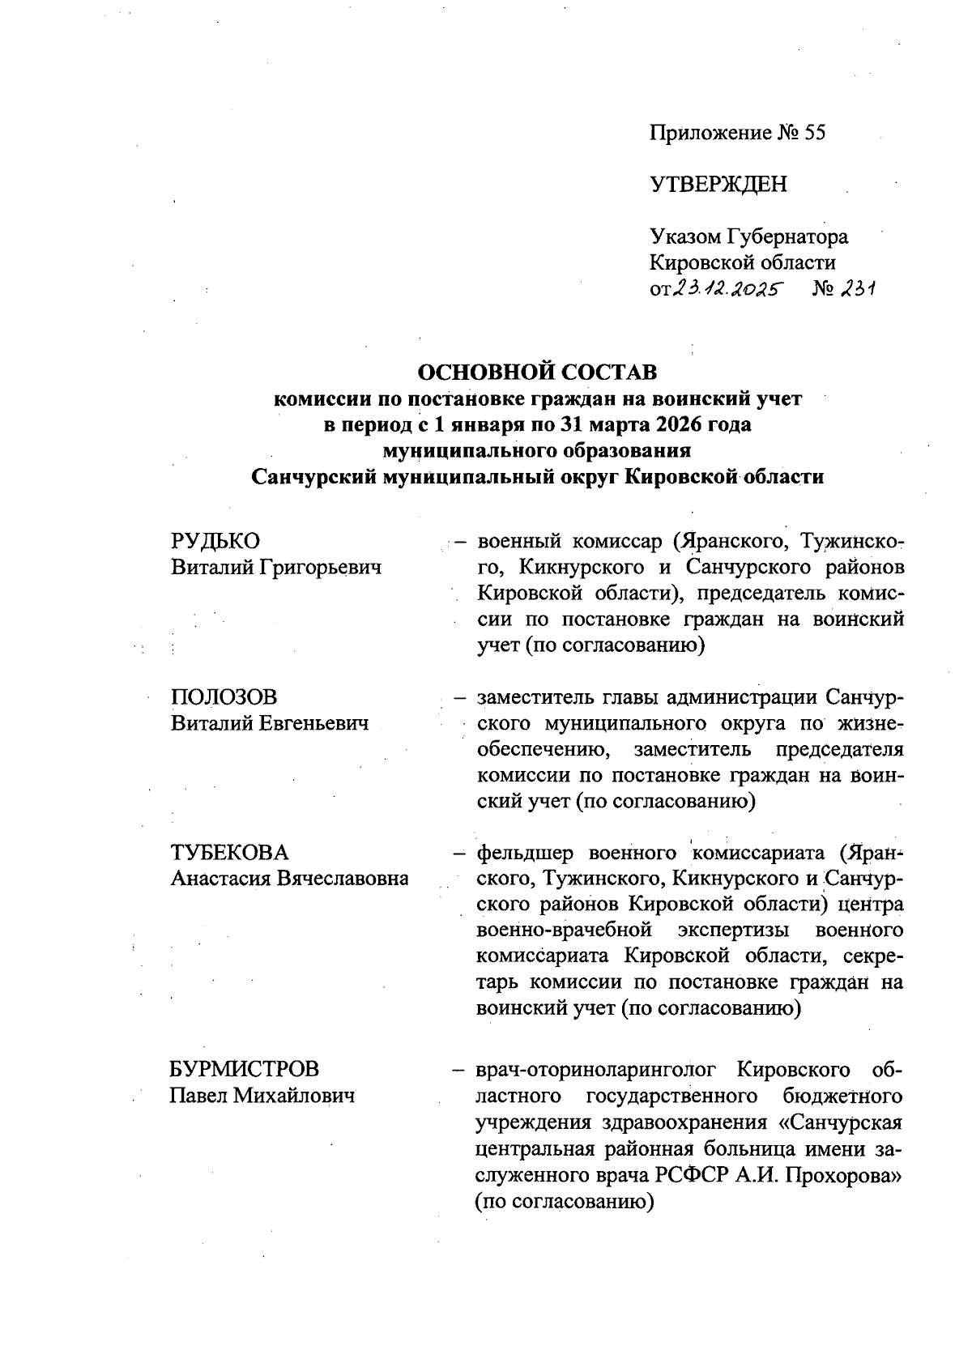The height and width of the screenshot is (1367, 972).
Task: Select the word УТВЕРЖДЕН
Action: [718, 185]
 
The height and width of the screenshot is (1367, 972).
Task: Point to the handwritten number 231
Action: [858, 288]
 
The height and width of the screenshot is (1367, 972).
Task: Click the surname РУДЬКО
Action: [215, 541]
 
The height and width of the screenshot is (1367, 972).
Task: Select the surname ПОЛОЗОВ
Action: [224, 697]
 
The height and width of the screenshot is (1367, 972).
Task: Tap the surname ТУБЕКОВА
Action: [229, 853]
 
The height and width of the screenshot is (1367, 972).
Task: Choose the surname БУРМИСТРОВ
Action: [244, 1069]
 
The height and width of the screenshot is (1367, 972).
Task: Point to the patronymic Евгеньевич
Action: [314, 723]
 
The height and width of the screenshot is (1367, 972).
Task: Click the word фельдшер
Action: [525, 853]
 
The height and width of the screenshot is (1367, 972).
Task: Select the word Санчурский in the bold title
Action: [313, 476]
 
